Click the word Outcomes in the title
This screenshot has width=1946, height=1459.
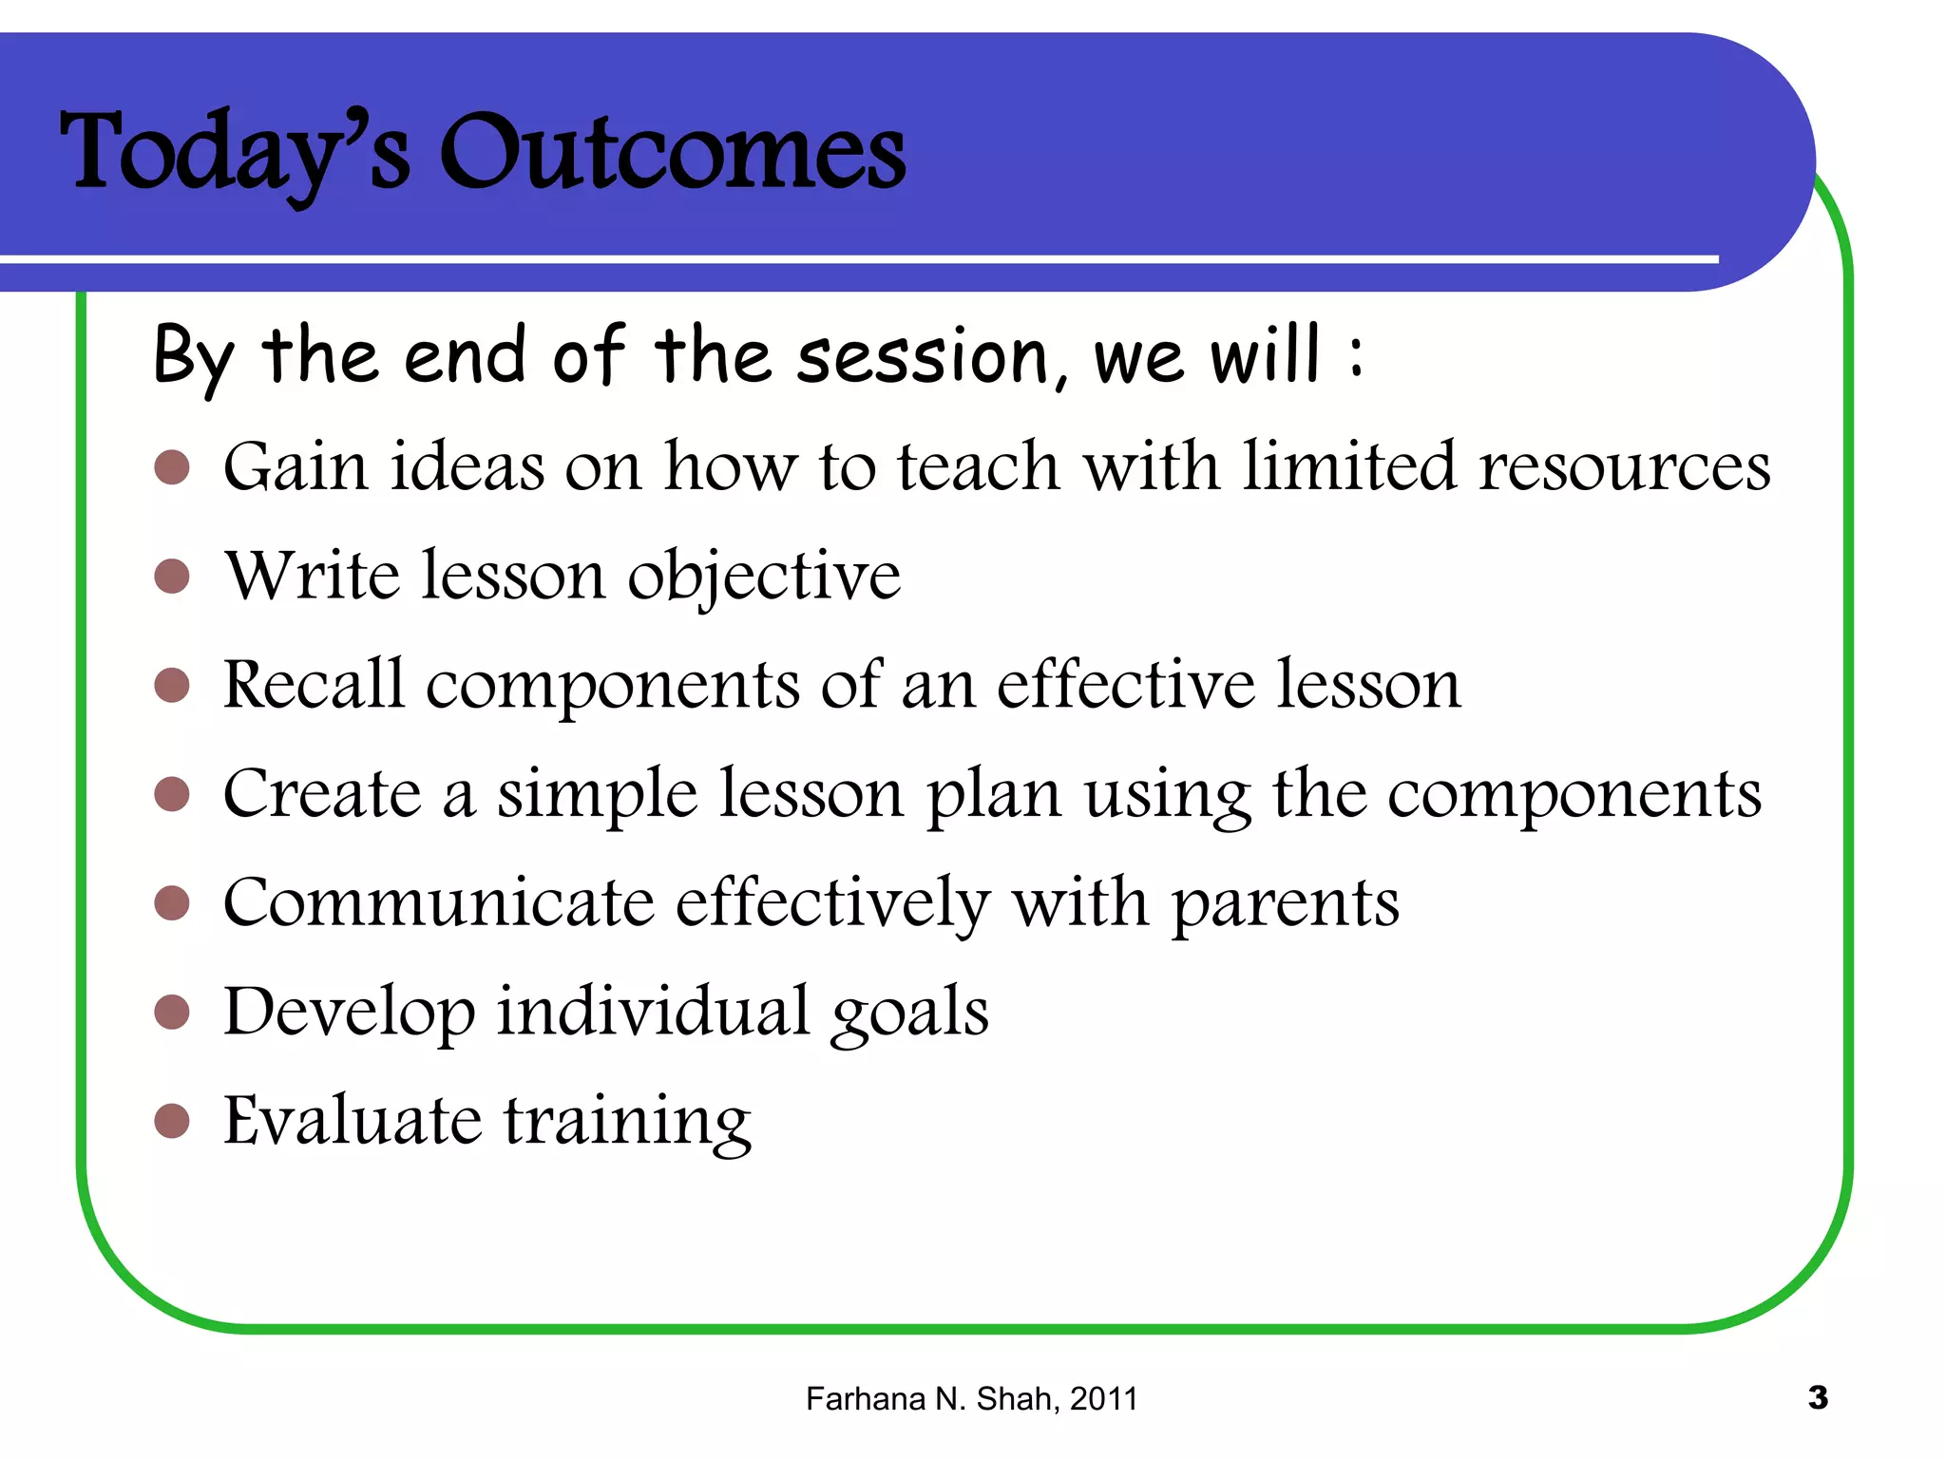672,152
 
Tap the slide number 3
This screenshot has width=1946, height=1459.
1818,1397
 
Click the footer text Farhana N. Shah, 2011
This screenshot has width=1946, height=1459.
971,1399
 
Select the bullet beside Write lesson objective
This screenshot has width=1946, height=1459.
172,576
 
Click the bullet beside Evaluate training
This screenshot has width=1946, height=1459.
172,1120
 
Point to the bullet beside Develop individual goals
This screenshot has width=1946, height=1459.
172,1012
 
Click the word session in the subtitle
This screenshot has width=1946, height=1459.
922,356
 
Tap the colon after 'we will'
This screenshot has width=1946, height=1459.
1356,356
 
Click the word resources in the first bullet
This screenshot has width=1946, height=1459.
1624,467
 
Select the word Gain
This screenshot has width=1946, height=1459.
296,467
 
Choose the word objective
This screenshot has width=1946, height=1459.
764,578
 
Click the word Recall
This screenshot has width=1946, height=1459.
314,684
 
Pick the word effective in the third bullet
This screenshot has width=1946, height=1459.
1125,684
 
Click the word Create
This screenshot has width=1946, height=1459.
322,793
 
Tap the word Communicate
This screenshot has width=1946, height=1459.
438,902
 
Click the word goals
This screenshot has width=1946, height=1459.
909,1013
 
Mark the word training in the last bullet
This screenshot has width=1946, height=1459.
627,1122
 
